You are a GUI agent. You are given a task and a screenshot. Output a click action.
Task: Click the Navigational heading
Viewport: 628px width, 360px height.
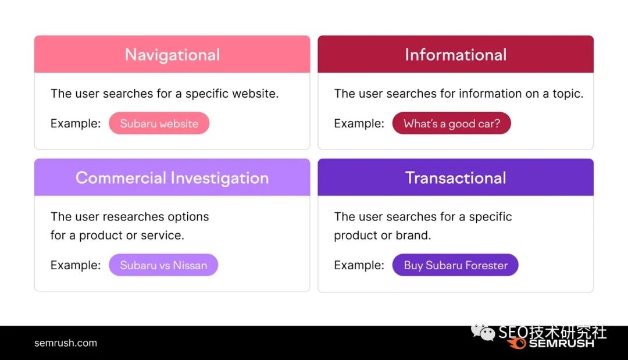172,55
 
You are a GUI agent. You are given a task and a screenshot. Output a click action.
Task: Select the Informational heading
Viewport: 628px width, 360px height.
456,55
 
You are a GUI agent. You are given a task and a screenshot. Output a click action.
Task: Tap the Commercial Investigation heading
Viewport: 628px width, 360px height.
172,178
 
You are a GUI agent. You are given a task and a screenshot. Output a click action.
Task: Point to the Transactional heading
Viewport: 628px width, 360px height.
456,178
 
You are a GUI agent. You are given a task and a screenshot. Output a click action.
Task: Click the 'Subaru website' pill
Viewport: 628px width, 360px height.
159,123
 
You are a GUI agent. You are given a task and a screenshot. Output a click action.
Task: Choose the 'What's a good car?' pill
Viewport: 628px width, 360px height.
452,123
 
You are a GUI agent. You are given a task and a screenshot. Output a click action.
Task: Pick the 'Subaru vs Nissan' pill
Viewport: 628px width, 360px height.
163,265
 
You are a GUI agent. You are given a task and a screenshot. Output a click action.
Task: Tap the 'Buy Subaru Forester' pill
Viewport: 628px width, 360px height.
455,265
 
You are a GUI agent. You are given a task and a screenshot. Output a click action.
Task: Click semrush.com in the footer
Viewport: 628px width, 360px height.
66,343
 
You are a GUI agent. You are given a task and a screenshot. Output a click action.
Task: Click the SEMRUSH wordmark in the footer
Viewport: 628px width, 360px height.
562,344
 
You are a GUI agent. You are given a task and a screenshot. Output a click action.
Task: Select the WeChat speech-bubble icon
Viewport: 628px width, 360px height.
483,332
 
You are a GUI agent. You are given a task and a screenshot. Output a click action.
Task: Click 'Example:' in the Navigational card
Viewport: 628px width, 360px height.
76,123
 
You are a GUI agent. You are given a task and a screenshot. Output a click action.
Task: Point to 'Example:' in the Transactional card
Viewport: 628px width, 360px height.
359,265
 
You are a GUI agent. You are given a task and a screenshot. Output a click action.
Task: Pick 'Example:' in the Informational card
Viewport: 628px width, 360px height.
359,123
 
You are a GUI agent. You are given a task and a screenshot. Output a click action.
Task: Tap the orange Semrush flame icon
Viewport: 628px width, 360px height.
517,343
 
